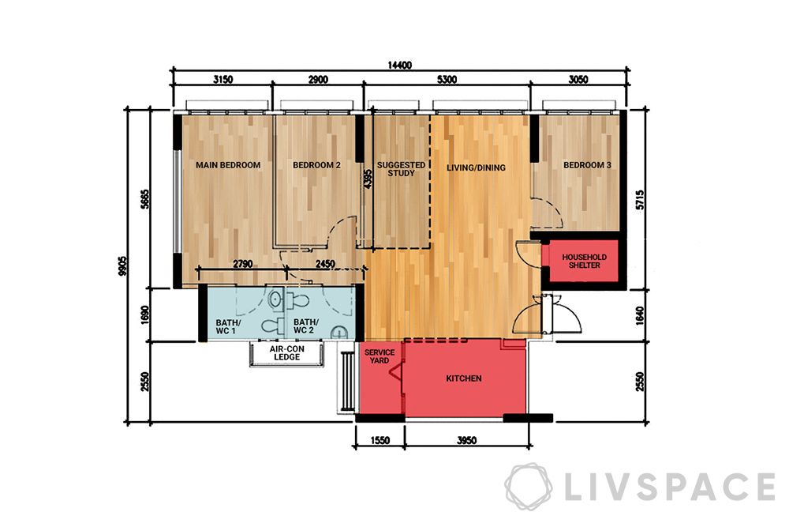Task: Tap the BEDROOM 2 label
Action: (316, 165)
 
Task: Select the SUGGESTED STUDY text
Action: (401, 169)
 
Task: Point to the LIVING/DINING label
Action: (476, 168)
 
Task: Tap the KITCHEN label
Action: (463, 378)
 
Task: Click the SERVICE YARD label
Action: (380, 357)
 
